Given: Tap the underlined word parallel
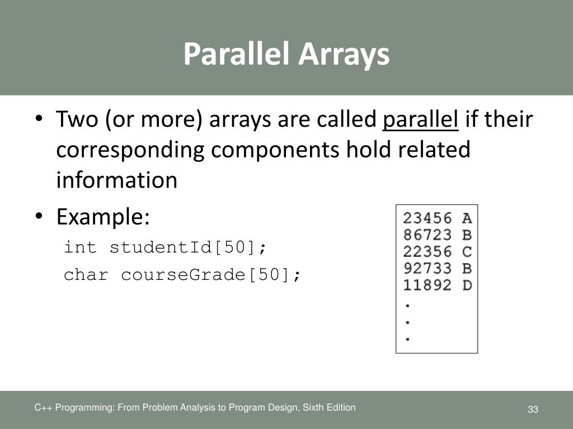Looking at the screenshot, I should [421, 120].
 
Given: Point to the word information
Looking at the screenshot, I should [116, 180].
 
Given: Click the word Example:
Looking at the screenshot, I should [103, 217].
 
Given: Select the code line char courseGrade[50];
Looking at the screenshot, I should [182, 275].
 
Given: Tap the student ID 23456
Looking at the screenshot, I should [428, 218].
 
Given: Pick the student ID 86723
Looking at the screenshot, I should [428, 235].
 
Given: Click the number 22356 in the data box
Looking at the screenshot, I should [428, 251].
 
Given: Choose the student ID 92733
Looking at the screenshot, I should [428, 268].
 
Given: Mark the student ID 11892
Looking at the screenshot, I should [428, 285].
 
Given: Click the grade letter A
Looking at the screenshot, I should [467, 218].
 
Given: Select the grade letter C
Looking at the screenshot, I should [467, 251].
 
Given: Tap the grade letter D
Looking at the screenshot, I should [467, 285].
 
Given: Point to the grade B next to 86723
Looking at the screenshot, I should [467, 235].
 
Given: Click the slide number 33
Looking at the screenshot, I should [532, 410].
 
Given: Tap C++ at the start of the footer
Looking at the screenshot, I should [42, 408].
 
